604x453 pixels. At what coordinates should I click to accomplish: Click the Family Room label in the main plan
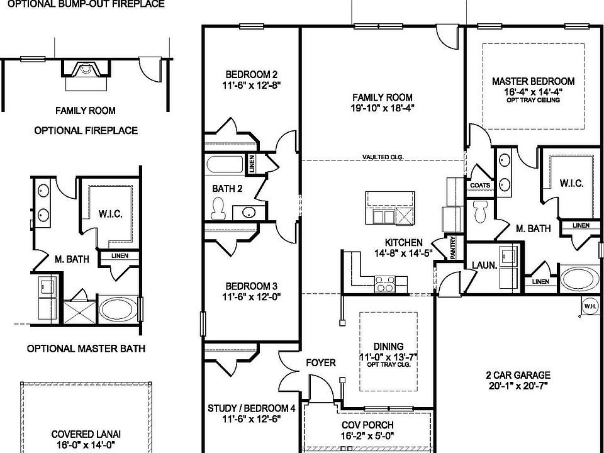(382, 97)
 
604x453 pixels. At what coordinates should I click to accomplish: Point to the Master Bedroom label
(533, 81)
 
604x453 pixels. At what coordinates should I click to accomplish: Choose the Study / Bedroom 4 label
(251, 408)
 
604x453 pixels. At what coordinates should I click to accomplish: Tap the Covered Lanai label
(86, 434)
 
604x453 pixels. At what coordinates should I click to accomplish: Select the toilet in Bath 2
(218, 208)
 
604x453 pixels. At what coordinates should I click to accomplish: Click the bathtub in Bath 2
(225, 166)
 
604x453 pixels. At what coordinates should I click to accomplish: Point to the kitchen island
(391, 208)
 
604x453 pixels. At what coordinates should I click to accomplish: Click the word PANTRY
(453, 248)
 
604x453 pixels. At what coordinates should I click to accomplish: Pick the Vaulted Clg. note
(382, 157)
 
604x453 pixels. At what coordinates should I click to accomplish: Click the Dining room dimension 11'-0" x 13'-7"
(388, 357)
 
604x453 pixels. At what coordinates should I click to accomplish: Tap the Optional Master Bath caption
(86, 349)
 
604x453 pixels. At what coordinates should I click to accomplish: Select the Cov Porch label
(367, 425)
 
